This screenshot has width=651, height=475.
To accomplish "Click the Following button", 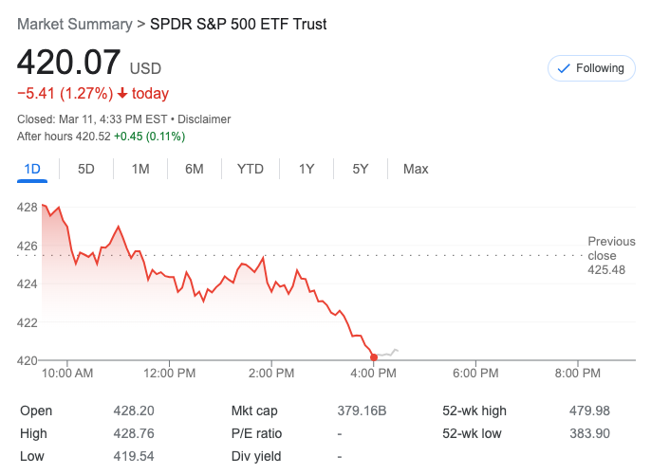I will coord(591,68).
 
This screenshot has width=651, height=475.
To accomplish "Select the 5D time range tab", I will coord(86,169).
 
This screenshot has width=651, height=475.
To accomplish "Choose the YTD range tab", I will coord(251,169).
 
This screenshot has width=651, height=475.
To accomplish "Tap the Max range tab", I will coord(416,169).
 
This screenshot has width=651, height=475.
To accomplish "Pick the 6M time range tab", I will coord(195,169).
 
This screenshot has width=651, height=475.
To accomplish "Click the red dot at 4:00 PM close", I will coord(374,357).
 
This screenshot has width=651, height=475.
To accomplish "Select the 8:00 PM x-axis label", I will coord(578,374).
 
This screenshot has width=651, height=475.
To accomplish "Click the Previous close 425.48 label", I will coord(606,256).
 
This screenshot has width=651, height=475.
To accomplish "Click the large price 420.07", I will coord(69,63).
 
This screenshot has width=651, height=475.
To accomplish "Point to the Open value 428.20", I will coord(134,411).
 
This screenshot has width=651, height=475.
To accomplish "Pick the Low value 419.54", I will coord(134,457).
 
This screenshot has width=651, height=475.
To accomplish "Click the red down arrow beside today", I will coord(122,93).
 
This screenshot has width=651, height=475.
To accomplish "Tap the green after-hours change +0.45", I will coord(129,137).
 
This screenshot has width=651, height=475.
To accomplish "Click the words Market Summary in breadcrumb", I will coord(74,24).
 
